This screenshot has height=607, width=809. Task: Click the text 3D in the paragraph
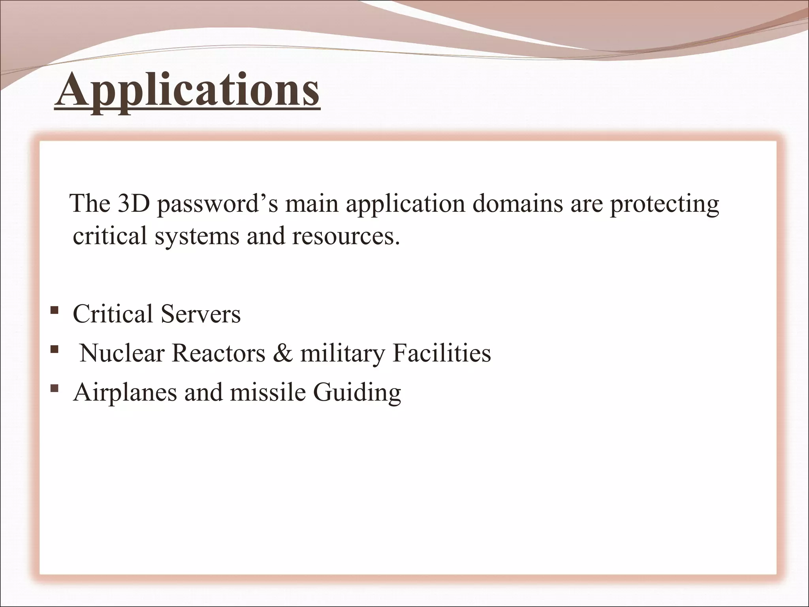[x=132, y=204]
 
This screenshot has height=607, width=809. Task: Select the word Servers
[x=200, y=315]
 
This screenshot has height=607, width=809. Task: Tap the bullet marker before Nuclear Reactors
[x=55, y=349]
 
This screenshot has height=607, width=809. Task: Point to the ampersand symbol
[x=282, y=353]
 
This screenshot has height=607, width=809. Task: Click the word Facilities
[x=441, y=353]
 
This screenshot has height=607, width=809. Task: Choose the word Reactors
[x=218, y=353]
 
